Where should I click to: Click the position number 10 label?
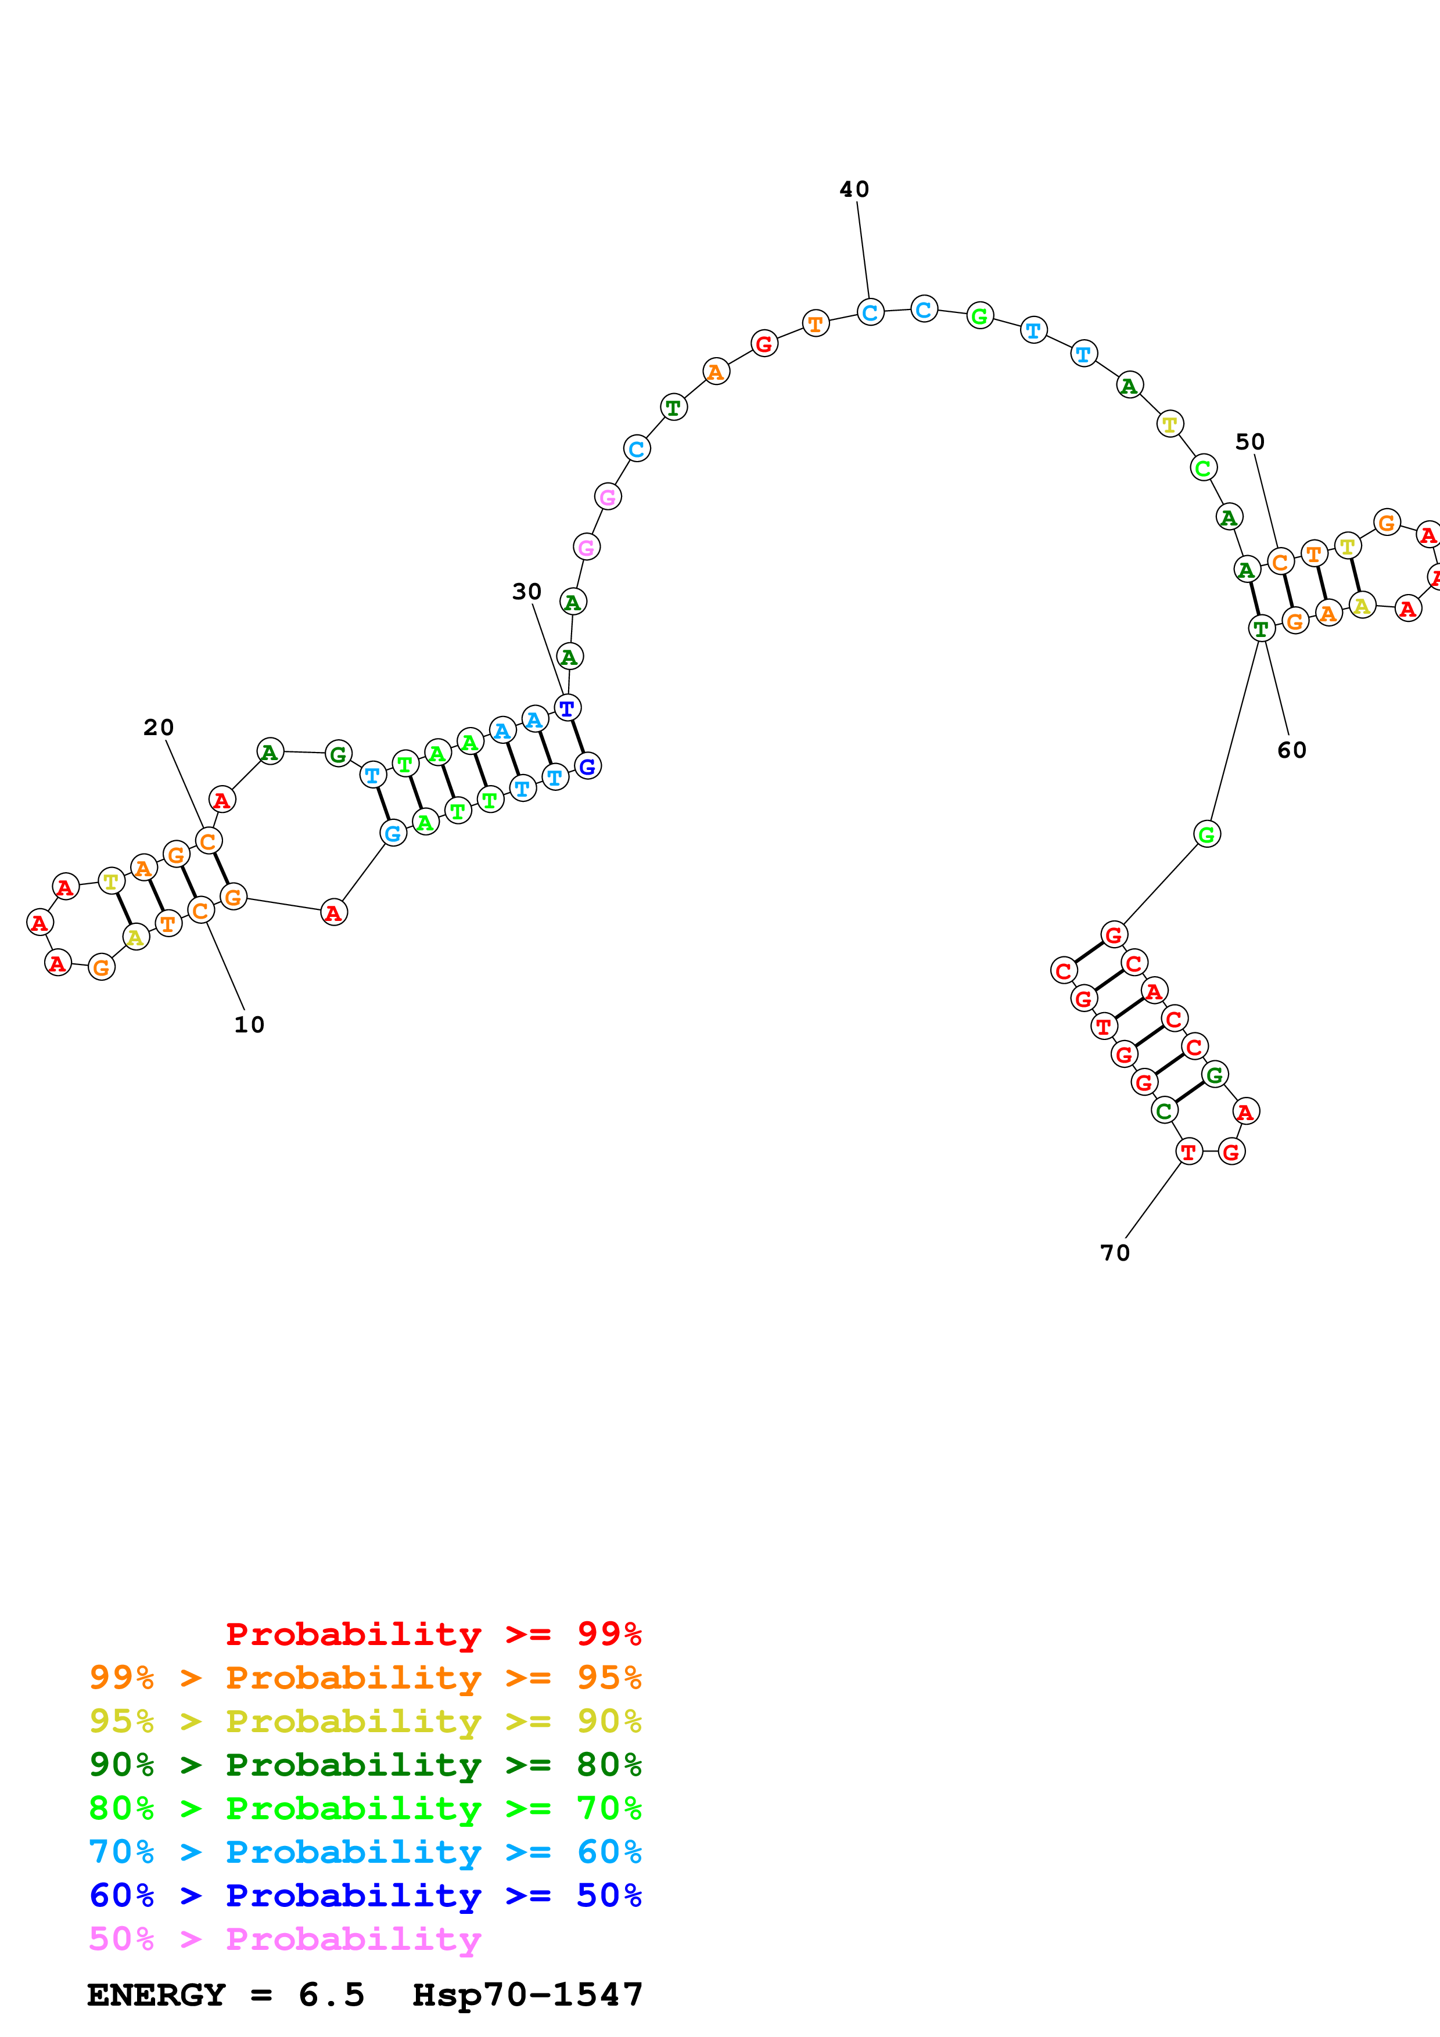tap(249, 1025)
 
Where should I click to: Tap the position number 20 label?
tap(159, 728)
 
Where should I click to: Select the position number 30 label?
tap(527, 592)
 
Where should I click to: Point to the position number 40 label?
tap(854, 189)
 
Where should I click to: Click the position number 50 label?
tap(1250, 442)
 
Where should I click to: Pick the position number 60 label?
tap(1292, 751)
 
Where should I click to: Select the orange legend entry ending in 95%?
tap(365, 1678)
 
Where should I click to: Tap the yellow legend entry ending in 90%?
tap(365, 1721)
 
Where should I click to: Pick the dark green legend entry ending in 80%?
tap(365, 1765)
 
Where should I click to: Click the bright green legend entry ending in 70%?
tap(365, 1808)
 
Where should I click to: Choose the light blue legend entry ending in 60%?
tap(365, 1852)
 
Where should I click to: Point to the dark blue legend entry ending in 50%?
tap(365, 1895)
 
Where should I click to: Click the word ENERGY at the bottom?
tap(156, 1995)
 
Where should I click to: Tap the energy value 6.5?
tap(332, 1995)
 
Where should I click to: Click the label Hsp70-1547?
tap(528, 1995)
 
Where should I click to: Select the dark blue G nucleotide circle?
tap(587, 766)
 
